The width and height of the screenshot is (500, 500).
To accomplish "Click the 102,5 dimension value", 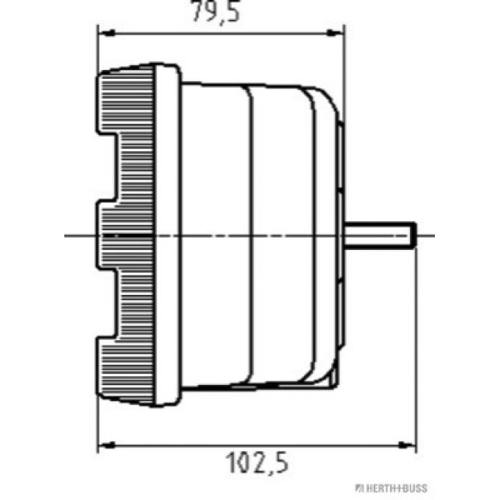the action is point(257,463).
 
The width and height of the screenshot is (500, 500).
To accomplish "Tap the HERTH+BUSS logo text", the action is point(391,488).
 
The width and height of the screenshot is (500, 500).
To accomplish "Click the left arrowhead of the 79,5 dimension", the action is point(106,33).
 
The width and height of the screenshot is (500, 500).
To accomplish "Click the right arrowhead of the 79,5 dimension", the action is point(335,33).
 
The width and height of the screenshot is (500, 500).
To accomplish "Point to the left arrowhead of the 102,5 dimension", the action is point(106,445).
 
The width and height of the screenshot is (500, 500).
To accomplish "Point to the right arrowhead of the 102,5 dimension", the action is point(408,445).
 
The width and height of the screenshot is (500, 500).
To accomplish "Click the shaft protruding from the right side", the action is point(380,236).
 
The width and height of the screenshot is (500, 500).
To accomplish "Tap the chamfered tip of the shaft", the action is point(413,236).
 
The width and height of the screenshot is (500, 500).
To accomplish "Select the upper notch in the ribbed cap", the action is point(109,166).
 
